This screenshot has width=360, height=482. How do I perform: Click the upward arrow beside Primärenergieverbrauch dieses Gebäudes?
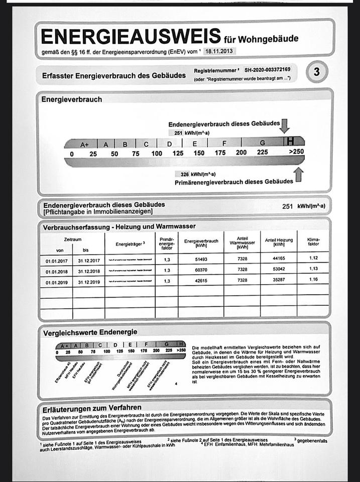[299, 175]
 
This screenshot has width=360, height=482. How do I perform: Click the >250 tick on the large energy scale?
[296, 153]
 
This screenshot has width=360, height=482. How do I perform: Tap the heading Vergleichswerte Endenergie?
[90, 332]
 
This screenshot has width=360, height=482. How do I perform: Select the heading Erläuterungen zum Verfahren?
[91, 407]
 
